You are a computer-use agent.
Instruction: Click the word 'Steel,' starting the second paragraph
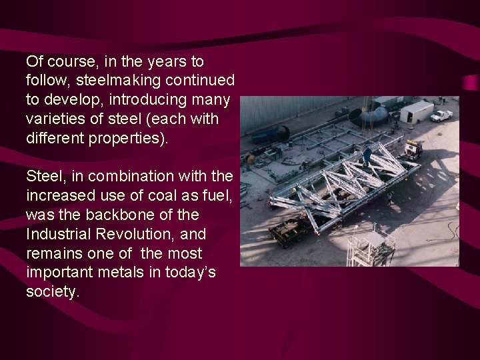click(x=44, y=176)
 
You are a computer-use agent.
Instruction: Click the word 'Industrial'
click(x=56, y=235)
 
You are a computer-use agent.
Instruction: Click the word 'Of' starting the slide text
click(x=34, y=61)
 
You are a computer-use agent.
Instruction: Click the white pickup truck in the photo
click(x=441, y=115)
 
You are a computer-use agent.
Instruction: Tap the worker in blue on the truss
click(x=367, y=155)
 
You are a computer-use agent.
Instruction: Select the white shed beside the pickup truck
click(x=416, y=111)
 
